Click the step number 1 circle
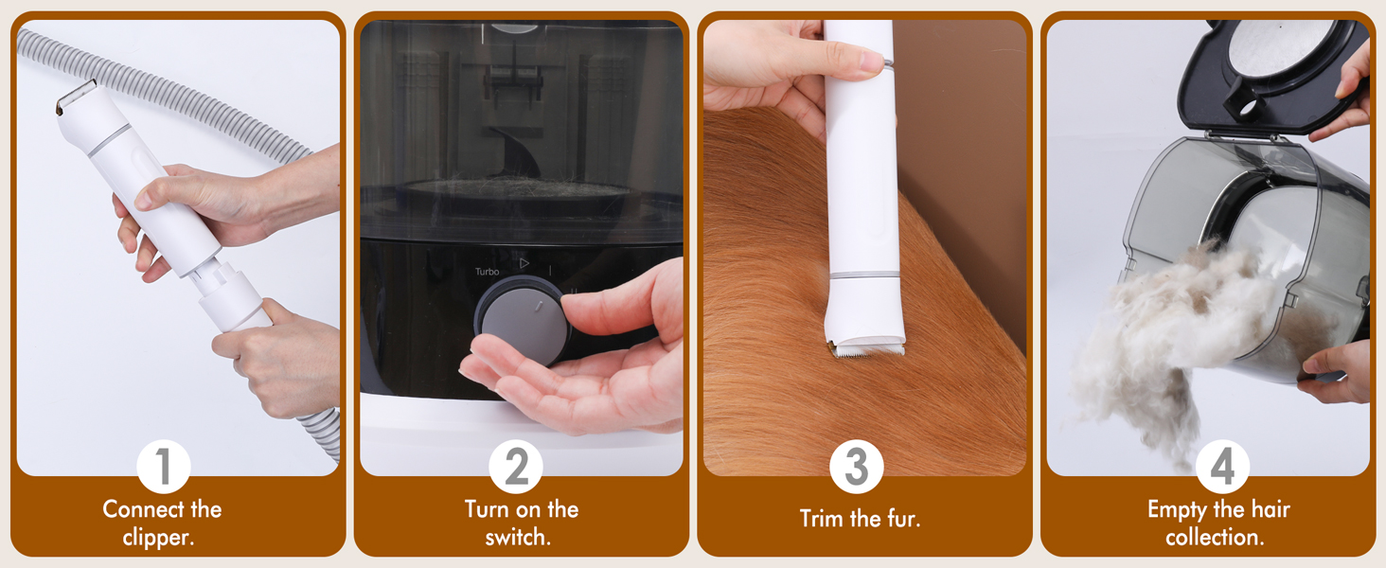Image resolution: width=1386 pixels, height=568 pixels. coord(164,466)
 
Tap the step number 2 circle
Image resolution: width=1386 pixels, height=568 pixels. coord(516,466)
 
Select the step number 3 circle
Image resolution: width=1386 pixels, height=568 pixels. coord(857,466)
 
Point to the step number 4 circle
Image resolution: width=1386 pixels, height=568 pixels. coord(1222,466)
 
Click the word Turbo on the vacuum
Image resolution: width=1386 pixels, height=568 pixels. coord(487,272)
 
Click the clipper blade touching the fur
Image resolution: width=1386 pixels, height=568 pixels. coord(866,349)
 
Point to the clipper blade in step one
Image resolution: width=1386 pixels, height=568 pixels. coord(76,95)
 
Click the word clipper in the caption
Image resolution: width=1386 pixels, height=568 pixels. coord(158,537)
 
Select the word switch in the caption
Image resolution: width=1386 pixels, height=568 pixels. coord(518,537)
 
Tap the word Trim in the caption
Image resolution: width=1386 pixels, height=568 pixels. coord(821,519)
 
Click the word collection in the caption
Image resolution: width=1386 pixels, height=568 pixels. coord(1215,537)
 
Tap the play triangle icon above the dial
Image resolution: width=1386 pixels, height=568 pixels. coord(524,263)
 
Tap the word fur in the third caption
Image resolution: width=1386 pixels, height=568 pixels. coord(904,519)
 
